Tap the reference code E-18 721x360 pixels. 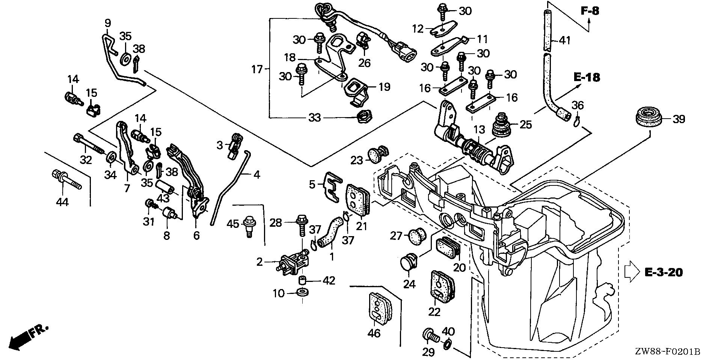point(587,77)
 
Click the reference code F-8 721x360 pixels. point(590,11)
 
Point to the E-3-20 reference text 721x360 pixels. point(664,272)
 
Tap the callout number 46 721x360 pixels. point(374,333)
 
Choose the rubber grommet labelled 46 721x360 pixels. point(379,307)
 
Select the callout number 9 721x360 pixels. point(107,23)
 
